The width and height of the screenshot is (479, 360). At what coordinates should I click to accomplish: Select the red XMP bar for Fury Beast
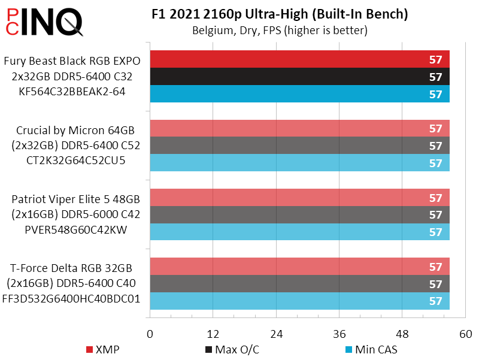tap(299, 59)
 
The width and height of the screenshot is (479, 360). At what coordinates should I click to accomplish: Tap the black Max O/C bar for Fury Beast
tap(299, 77)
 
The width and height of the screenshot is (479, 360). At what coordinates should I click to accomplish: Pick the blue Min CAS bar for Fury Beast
tap(299, 94)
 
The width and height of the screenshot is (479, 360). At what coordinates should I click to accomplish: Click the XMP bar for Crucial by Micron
tap(299, 128)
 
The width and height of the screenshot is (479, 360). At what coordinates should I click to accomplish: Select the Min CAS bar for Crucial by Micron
tap(299, 163)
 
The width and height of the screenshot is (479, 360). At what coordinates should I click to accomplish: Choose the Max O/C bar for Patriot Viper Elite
tap(299, 214)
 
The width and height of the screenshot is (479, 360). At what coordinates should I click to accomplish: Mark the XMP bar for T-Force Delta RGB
tap(299, 267)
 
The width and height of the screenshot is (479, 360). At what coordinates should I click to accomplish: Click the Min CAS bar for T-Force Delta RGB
tap(299, 301)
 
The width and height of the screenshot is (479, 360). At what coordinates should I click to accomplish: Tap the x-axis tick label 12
tap(213, 334)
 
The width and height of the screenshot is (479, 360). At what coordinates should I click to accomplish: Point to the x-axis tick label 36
tap(339, 334)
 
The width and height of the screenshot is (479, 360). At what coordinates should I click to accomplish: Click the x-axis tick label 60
tap(465, 334)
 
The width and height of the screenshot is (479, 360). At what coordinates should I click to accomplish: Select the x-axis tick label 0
tap(150, 334)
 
